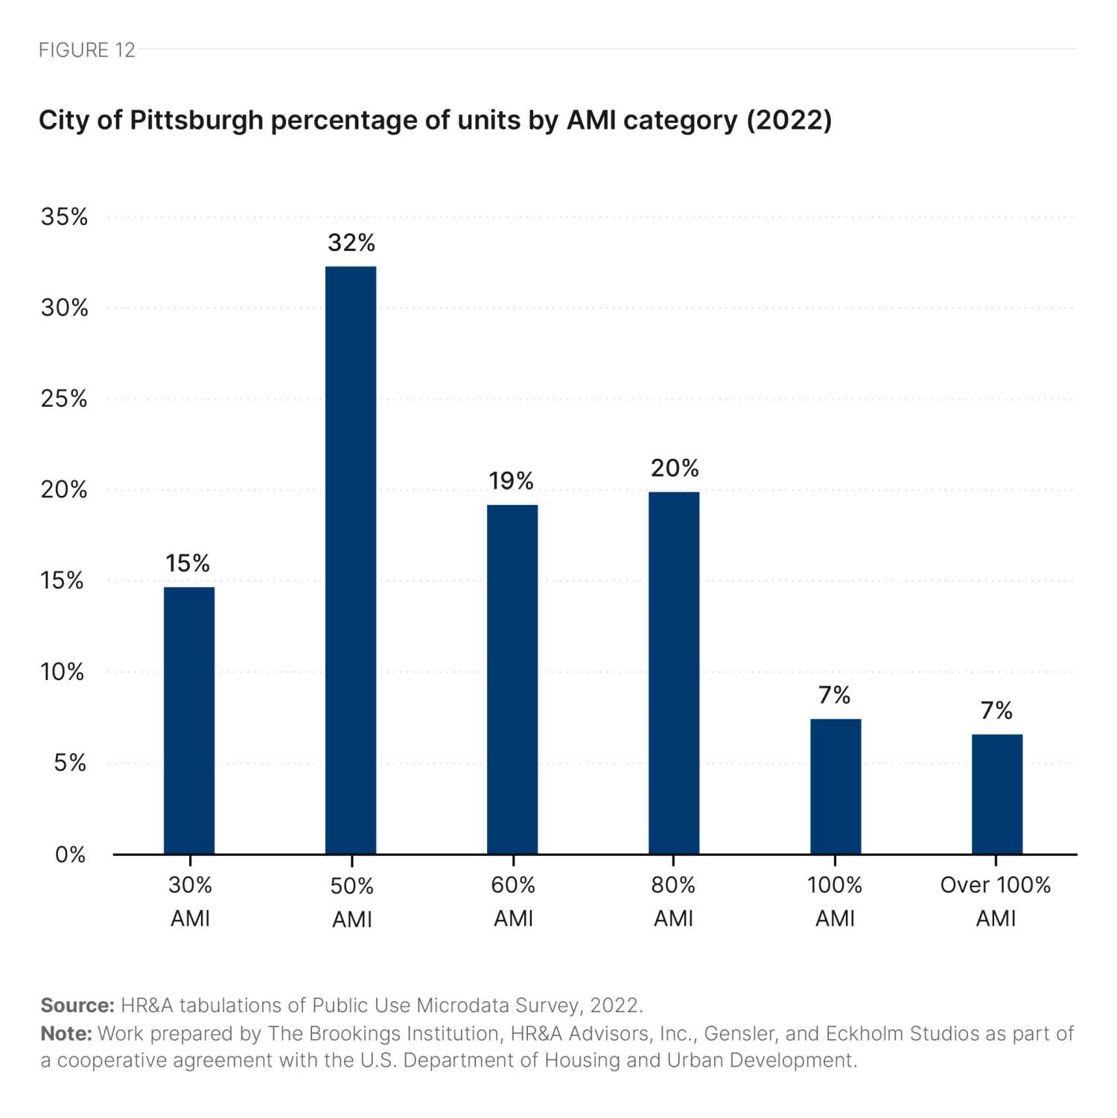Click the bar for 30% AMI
tap(189, 720)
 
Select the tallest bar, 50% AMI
tap(351, 560)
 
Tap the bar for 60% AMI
tap(512, 679)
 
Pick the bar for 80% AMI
tap(674, 673)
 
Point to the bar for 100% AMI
tap(836, 787)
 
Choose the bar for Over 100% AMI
tap(997, 794)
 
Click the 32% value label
tap(351, 243)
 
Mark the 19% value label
tap(512, 481)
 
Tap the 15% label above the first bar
tap(188, 563)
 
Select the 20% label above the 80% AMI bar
tap(675, 469)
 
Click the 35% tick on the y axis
tap(65, 217)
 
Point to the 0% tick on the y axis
tap(70, 854)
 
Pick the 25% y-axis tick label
tap(65, 398)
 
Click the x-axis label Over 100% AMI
tap(996, 901)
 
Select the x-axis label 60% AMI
tap(513, 901)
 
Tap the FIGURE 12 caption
tap(87, 50)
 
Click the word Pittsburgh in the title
tap(197, 120)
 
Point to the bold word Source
tap(77, 1006)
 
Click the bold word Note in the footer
tap(66, 1034)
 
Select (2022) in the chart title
tap(789, 120)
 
